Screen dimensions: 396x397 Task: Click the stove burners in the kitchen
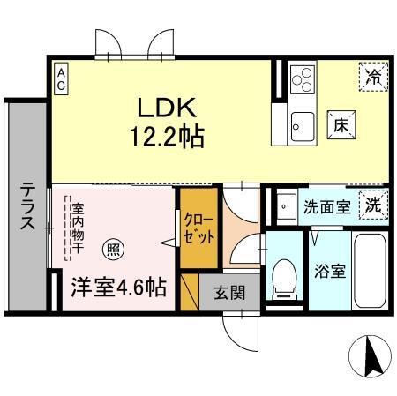(303, 80)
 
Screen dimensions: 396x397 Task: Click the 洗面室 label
(327, 209)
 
